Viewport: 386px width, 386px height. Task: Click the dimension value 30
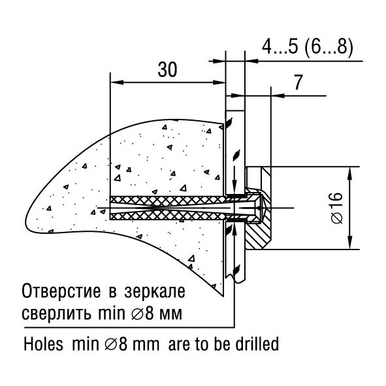(167, 69)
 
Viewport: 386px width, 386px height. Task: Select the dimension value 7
(298, 82)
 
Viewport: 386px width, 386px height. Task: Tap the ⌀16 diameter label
(336, 208)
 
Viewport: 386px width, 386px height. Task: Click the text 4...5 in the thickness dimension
(280, 47)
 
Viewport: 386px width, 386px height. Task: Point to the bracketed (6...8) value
(329, 47)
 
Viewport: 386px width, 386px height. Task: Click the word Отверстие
(61, 291)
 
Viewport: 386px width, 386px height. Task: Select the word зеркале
(155, 292)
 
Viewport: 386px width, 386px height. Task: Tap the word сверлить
(57, 314)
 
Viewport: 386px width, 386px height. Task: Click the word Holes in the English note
(43, 344)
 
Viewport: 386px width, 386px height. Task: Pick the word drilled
(257, 344)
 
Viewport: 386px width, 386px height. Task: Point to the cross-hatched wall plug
(167, 208)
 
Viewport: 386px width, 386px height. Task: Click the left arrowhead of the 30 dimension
(117, 82)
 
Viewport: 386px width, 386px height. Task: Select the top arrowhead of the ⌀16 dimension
(350, 174)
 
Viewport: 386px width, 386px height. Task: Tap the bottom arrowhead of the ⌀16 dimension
(350, 242)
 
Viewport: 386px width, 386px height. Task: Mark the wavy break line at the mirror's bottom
(235, 278)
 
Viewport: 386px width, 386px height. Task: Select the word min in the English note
(86, 344)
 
